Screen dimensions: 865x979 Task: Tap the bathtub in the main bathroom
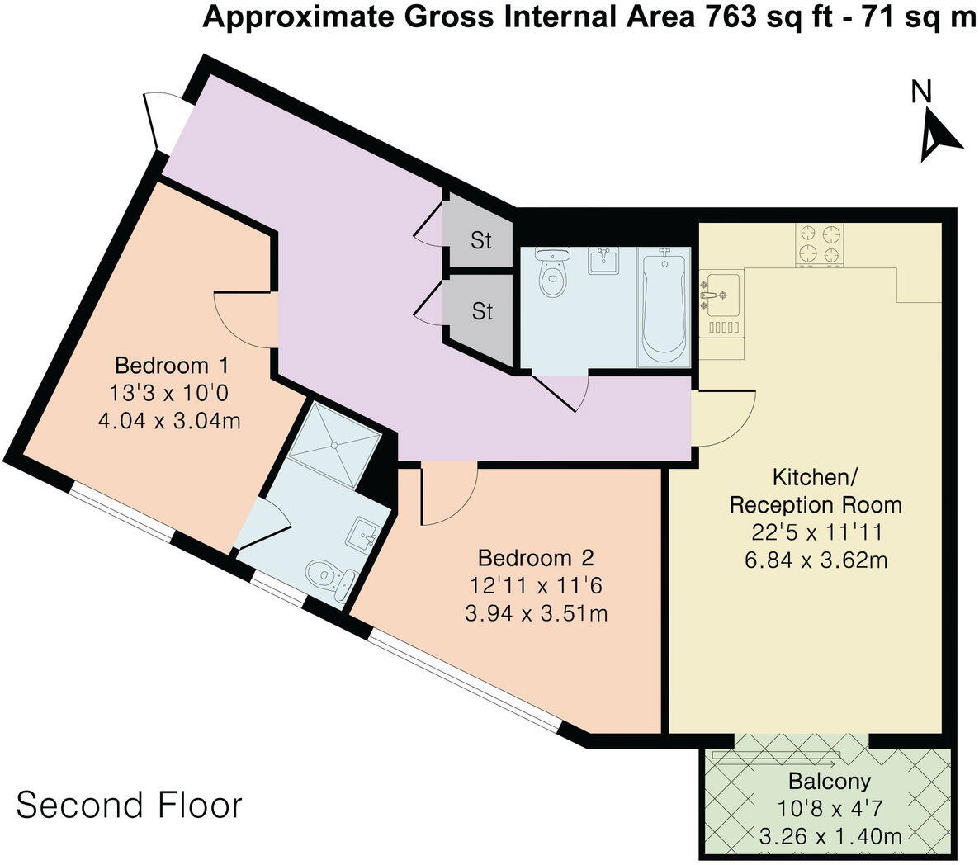[x=663, y=307]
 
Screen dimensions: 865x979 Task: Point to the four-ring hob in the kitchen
[x=820, y=244]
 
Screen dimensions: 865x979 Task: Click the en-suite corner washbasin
[x=366, y=535]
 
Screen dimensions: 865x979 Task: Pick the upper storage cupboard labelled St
[x=480, y=240]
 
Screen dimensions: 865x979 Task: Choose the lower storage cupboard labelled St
[x=481, y=311]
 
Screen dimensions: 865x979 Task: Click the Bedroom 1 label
[x=171, y=365]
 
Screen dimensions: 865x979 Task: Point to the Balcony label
[x=829, y=781]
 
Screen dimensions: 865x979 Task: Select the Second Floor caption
[x=129, y=805]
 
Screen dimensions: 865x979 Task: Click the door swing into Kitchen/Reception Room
[x=725, y=418]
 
